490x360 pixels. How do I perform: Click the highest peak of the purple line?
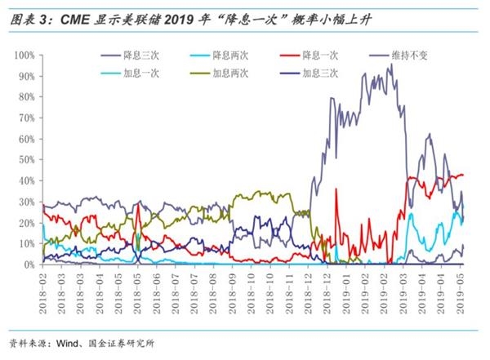click(390, 64)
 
